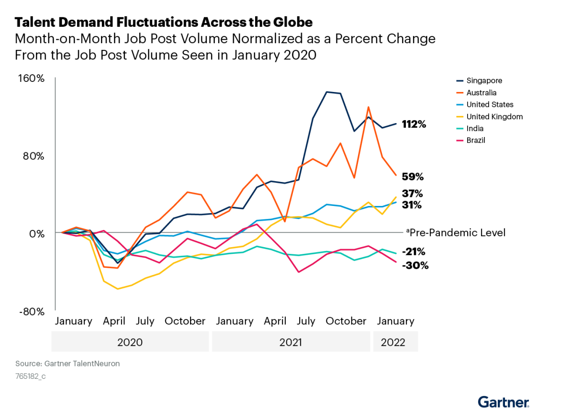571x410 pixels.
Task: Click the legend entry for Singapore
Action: (x=483, y=80)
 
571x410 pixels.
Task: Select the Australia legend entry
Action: (x=481, y=92)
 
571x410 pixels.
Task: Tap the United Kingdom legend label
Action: (x=494, y=116)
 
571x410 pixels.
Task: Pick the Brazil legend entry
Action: (x=476, y=140)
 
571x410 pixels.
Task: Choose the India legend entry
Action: (x=475, y=128)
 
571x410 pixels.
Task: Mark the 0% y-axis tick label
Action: (x=37, y=233)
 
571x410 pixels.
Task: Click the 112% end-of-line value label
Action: (x=414, y=125)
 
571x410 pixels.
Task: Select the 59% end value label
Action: (x=413, y=177)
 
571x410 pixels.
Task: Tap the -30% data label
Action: (x=415, y=265)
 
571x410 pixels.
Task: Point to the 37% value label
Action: (x=412, y=194)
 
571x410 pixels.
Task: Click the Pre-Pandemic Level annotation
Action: (x=457, y=233)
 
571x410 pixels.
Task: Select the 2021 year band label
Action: (x=291, y=342)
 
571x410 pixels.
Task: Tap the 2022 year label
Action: (x=393, y=342)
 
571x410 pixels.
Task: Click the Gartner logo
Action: (x=504, y=401)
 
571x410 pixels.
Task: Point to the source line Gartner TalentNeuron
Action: (x=67, y=364)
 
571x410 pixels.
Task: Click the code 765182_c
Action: (x=30, y=376)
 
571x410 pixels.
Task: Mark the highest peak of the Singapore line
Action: (x=326, y=92)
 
